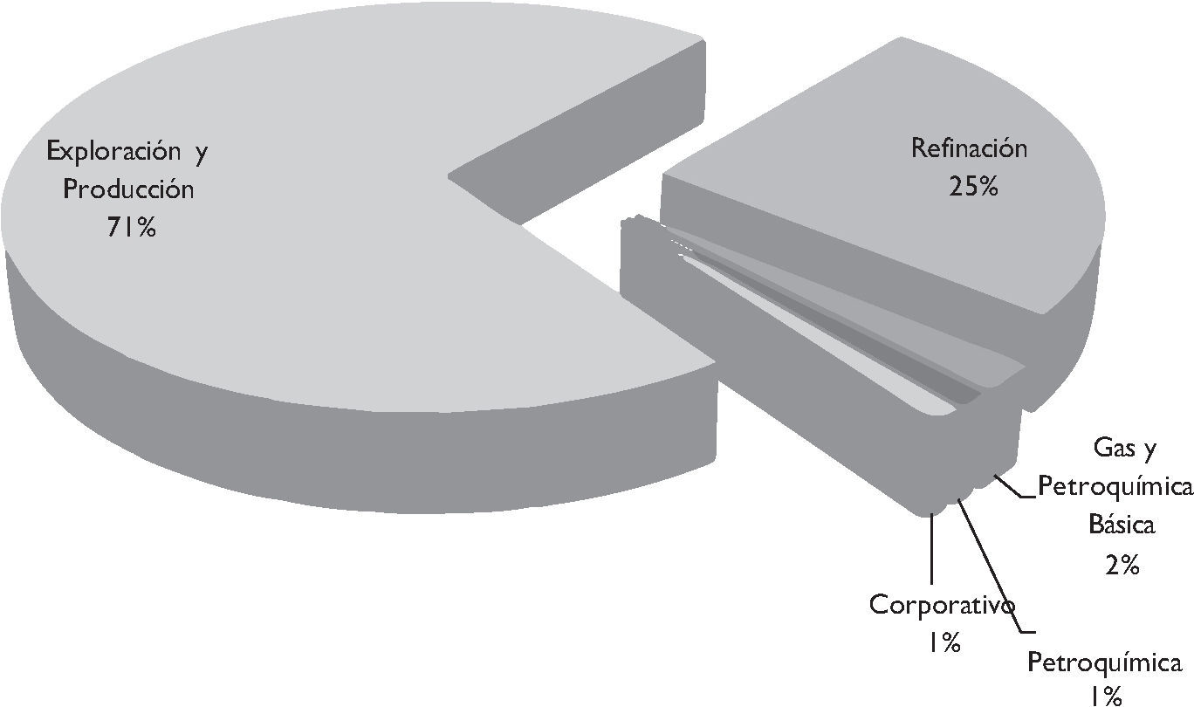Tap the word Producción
point(127,189)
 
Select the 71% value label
point(131,228)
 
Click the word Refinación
point(969,148)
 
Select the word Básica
point(1121,525)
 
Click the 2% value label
point(1122,565)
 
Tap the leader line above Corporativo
point(932,550)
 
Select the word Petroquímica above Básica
point(1115,487)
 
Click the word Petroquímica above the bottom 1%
point(1104,662)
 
